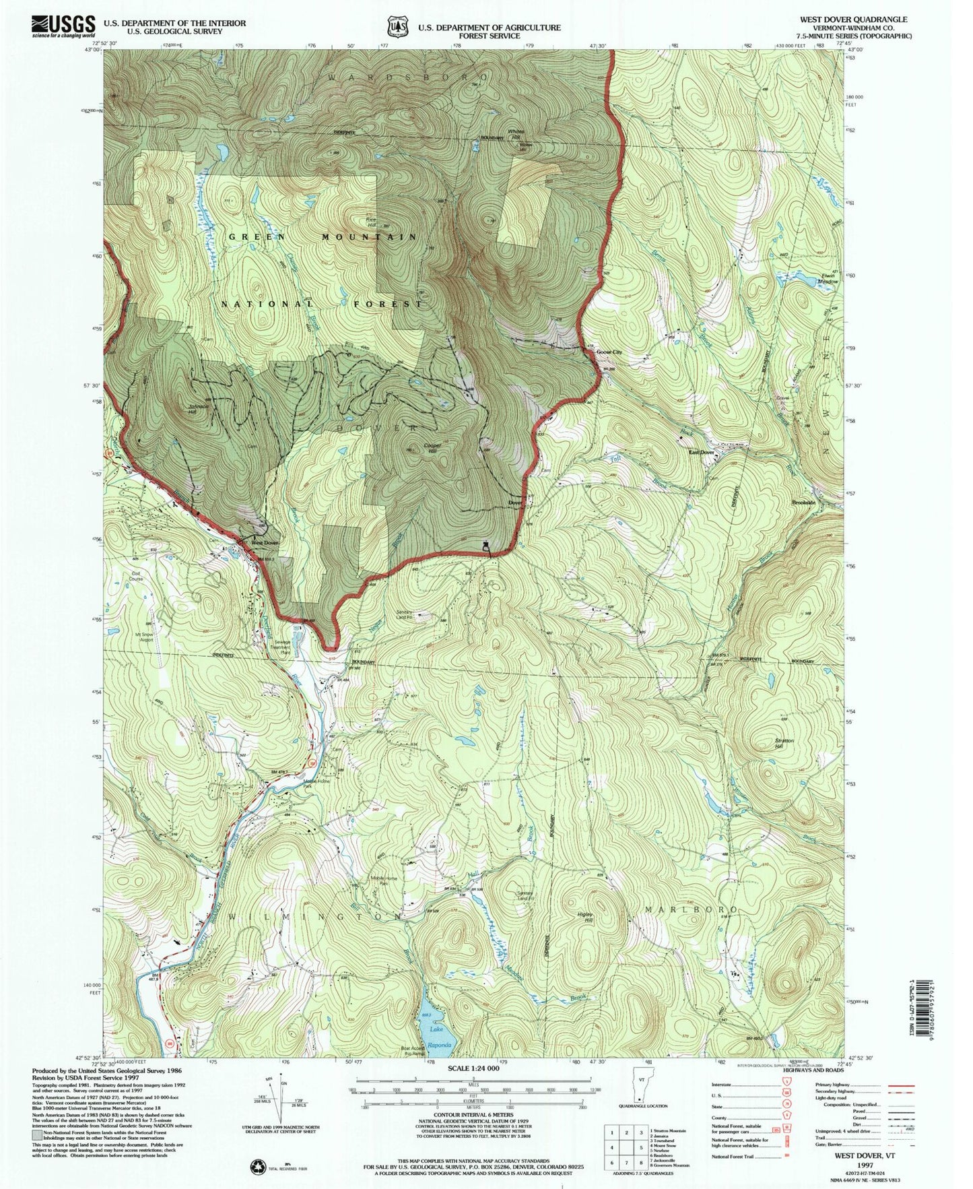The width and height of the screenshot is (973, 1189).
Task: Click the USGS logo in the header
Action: (63, 25)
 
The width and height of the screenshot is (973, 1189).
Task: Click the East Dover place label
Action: (700, 453)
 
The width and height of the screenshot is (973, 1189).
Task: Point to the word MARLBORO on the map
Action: (687, 909)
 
